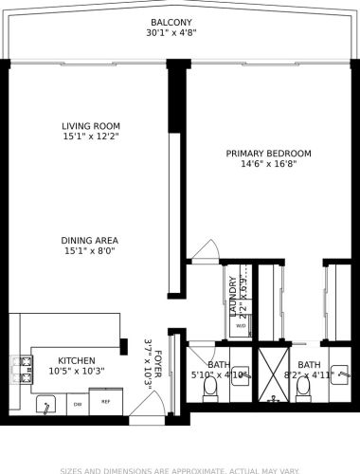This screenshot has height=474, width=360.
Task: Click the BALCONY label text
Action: coord(171,22)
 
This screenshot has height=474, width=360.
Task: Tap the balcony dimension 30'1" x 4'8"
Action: coord(171,34)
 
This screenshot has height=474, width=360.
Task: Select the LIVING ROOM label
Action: coord(90,125)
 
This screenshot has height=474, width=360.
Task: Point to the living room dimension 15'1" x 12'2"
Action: coord(90,137)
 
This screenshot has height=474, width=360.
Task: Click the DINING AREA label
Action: coord(90,241)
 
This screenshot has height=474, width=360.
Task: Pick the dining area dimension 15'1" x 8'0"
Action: coord(90,252)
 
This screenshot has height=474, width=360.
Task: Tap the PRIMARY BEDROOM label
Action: coord(268,153)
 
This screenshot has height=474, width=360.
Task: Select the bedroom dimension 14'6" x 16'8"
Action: coord(268,164)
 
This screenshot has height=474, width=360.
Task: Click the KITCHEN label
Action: coord(77,360)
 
